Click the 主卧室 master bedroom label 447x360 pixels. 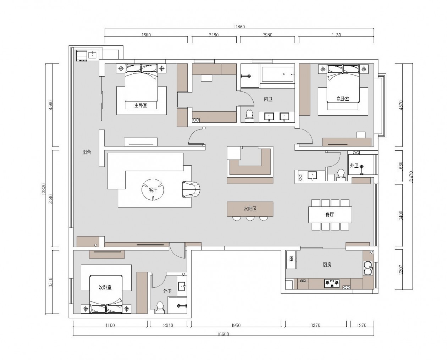tap(140, 105)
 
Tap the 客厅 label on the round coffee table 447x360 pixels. tap(153, 190)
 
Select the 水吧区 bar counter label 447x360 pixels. tap(250, 209)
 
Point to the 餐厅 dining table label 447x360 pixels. tap(330, 214)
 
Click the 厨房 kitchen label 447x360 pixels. tap(327, 265)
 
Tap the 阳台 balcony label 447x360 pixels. tap(87, 152)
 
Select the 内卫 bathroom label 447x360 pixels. tap(268, 99)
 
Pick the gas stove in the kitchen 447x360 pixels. tap(332, 283)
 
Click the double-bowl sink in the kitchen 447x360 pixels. tap(368, 268)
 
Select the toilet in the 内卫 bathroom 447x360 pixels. tap(249, 116)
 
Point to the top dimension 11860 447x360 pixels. tap(239, 27)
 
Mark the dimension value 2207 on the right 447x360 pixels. tap(401, 270)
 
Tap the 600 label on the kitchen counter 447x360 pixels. tap(303, 281)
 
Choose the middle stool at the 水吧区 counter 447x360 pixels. tap(250, 218)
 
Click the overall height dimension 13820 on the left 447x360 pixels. tap(43, 189)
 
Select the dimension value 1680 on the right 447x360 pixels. tap(401, 166)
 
